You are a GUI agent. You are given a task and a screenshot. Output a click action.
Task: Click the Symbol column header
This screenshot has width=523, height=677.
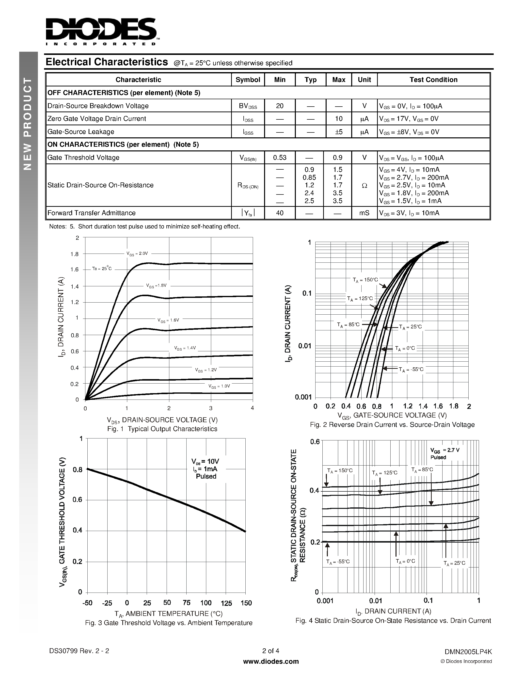tap(248, 80)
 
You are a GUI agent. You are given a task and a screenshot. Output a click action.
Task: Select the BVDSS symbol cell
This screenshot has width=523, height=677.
tap(248, 106)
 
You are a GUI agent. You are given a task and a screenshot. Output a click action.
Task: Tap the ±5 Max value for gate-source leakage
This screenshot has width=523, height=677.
tap(338, 132)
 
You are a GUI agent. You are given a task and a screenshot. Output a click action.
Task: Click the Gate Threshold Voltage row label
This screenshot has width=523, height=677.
tap(83, 158)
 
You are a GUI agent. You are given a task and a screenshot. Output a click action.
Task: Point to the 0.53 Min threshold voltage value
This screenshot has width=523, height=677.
tap(280, 158)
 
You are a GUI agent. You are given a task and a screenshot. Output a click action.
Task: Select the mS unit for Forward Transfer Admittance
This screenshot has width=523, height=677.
tap(364, 213)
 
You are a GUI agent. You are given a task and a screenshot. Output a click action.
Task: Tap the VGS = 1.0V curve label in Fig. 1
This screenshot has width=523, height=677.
tap(219, 386)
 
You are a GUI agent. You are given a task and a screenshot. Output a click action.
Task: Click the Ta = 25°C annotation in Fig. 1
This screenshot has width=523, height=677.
tap(102, 268)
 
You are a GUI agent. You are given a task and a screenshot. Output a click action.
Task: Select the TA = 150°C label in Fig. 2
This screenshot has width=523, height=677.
tap(365, 280)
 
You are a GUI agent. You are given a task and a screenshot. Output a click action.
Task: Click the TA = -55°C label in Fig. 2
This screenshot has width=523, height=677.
tap(411, 370)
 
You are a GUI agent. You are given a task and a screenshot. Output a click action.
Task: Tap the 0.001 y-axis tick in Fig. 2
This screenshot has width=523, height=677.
tap(303, 397)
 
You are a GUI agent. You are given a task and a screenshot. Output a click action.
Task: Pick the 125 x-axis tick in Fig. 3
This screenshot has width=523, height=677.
tap(226, 603)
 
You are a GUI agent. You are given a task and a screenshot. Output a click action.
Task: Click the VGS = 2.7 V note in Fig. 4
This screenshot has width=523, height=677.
tap(445, 450)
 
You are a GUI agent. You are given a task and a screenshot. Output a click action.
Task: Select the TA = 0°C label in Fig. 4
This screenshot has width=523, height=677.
tap(405, 561)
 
